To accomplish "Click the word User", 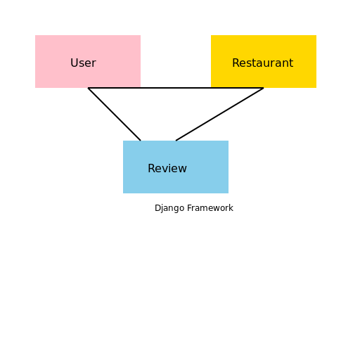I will coord(83,63).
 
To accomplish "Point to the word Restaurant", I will coord(262,63).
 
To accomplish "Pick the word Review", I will coord(167,169).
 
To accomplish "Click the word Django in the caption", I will coord(168,208).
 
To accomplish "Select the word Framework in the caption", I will coord(209,208).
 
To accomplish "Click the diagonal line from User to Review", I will coord(114,114).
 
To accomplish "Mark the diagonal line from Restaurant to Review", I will coord(219,114).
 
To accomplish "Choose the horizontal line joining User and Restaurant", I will coord(176,88).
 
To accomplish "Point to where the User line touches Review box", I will coord(141,141).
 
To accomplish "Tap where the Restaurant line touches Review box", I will coord(176,141).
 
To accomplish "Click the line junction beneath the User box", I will coord(88,88).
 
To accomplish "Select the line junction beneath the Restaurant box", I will coord(264,88).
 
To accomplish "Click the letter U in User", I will coord(74,63).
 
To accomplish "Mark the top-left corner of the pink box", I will coord(35,35).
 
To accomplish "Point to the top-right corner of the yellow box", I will coord(316,35).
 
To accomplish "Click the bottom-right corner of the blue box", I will coord(228,193).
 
